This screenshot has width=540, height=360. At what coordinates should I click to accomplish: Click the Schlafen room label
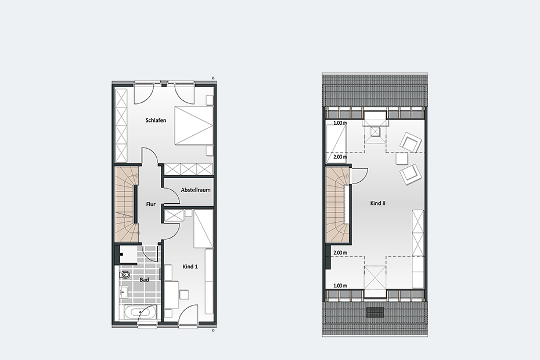click(x=156, y=120)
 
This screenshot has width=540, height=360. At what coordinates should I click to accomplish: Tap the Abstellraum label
click(x=196, y=190)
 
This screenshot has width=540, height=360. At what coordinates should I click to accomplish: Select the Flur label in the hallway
click(x=151, y=204)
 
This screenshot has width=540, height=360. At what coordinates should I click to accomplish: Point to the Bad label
click(x=145, y=280)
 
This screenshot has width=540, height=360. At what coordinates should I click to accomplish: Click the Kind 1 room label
click(x=190, y=267)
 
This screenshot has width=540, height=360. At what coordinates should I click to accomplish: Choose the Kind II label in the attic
click(x=378, y=203)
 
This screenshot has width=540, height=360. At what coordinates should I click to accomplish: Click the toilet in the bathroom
click(x=125, y=275)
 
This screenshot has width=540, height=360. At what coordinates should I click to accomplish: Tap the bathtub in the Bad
click(x=139, y=312)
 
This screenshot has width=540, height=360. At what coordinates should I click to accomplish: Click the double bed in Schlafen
click(x=194, y=125)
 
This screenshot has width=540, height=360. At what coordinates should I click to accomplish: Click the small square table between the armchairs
click(x=402, y=159)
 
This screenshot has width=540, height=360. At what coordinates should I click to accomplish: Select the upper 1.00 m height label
click(x=340, y=123)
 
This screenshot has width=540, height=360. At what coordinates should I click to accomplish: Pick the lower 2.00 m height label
click(x=340, y=253)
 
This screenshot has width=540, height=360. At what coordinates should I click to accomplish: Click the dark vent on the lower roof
click(x=375, y=312)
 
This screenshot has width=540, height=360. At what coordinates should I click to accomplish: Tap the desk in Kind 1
click(x=171, y=294)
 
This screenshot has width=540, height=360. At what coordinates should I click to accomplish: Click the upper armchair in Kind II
click(x=411, y=142)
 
